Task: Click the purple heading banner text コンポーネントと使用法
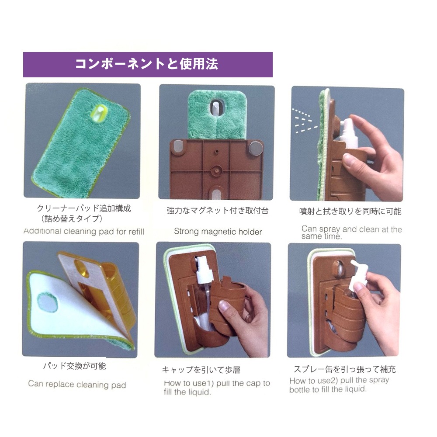[x=146, y=64]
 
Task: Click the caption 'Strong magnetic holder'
[x=218, y=232]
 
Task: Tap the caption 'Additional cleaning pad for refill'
[x=84, y=231]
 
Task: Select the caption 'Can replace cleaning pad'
[x=77, y=384]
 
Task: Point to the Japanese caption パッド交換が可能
[x=74, y=366]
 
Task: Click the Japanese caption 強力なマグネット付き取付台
[x=218, y=211]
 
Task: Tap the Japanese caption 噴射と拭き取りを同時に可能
[x=350, y=211]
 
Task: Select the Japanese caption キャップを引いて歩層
[x=201, y=370]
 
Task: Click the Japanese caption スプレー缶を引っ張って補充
[x=344, y=369]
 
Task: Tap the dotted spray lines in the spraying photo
[x=304, y=121]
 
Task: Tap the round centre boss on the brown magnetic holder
[x=216, y=170]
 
